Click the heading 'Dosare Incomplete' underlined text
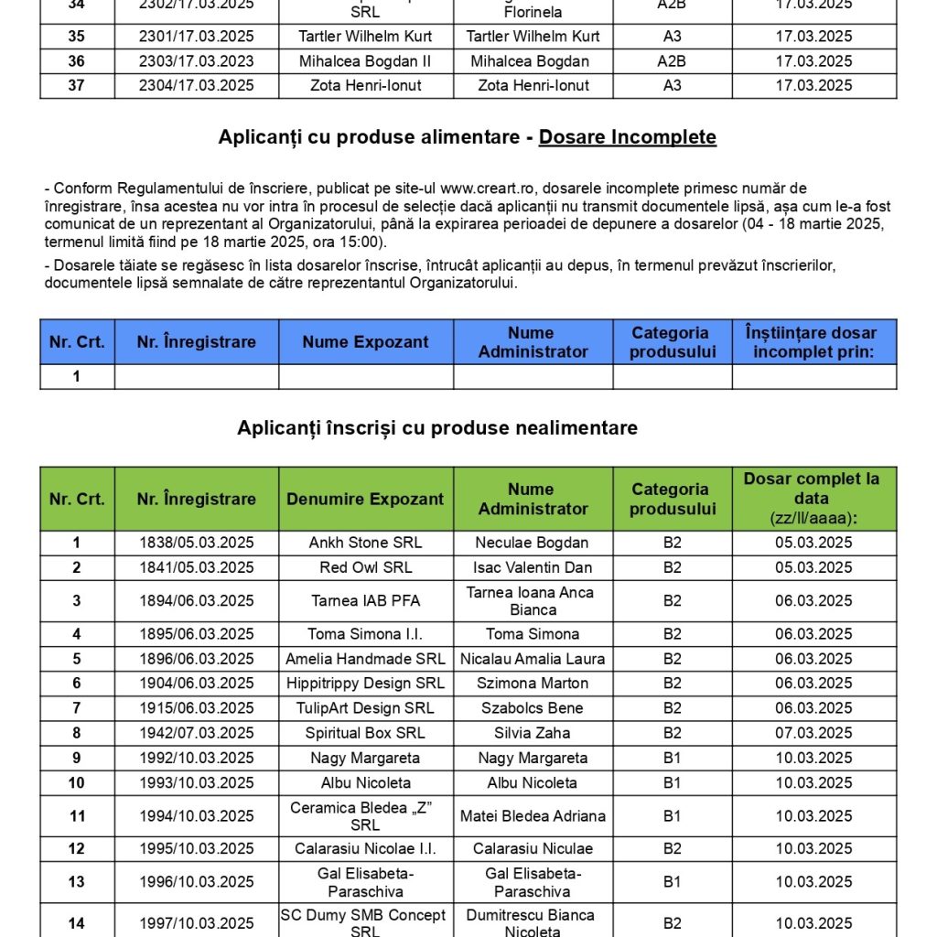[x=627, y=137]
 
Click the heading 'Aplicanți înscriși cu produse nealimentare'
[x=437, y=427]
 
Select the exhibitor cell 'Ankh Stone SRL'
[x=365, y=543]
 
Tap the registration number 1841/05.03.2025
[x=197, y=567]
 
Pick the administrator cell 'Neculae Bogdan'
[x=533, y=543]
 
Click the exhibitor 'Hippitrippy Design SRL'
[x=365, y=684]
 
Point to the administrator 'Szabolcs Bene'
[x=533, y=708]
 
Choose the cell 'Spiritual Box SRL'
[x=365, y=733]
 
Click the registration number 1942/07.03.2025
[x=197, y=733]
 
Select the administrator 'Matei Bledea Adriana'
[x=533, y=816]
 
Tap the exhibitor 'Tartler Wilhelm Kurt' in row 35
[x=365, y=37]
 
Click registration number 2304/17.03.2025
[x=197, y=85]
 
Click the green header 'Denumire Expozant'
[x=365, y=499]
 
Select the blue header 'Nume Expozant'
[x=365, y=342]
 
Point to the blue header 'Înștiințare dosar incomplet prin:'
[x=813, y=342]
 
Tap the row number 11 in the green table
[x=77, y=816]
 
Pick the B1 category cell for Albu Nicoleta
[x=673, y=782]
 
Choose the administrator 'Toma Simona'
[x=533, y=634]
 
